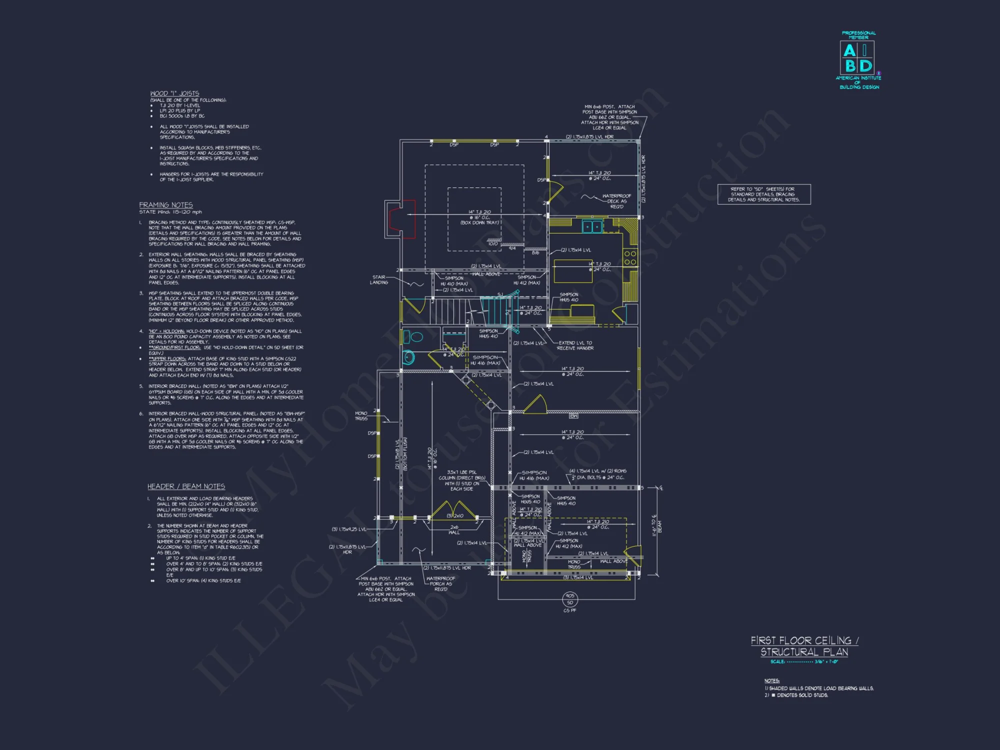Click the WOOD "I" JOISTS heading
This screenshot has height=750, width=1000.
174,93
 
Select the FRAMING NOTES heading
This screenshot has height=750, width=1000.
166,205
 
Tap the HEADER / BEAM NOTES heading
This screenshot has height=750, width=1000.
186,486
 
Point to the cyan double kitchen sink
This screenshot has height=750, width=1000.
593,226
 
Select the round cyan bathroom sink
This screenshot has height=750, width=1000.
409,357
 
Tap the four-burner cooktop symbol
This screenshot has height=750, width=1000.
630,257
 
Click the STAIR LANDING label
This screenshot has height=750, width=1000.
379,279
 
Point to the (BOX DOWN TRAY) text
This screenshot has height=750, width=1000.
479,222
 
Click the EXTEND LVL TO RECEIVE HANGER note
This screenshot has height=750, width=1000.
575,345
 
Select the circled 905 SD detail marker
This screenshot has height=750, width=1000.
570,599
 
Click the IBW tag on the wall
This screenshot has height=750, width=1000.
574,415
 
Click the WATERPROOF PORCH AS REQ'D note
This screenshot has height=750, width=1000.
440,583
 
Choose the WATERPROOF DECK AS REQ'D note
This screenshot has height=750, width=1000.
616,201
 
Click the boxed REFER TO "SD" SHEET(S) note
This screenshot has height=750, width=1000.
763,194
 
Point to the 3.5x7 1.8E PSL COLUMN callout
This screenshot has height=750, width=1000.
461,480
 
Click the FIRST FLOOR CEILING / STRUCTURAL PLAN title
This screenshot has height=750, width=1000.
804,646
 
